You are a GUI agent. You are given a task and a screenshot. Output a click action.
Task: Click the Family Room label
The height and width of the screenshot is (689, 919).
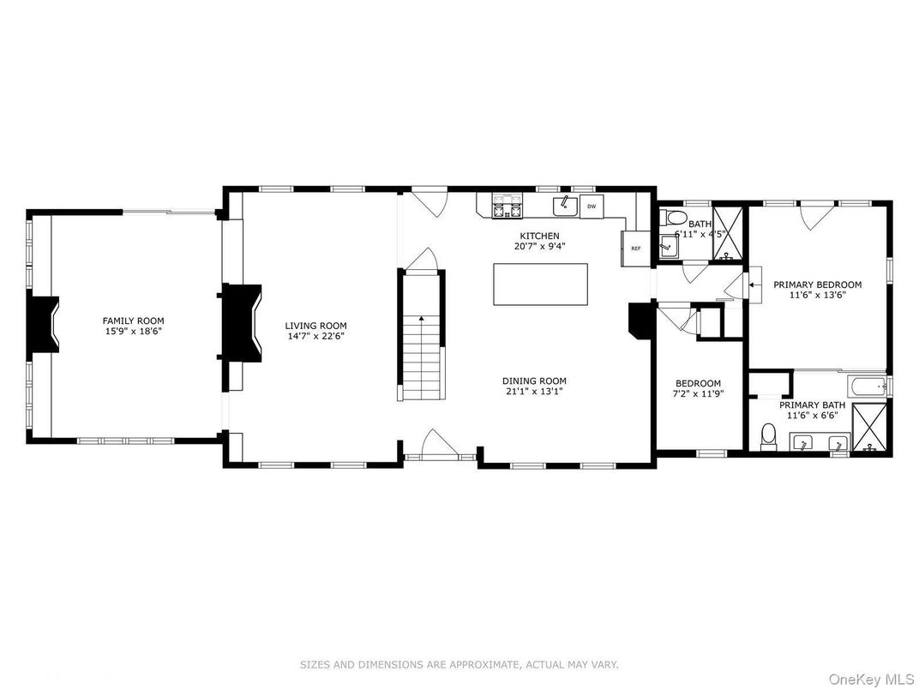(x=133, y=321)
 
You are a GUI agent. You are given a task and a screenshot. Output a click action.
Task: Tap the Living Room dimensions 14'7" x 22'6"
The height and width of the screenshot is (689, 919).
(x=315, y=336)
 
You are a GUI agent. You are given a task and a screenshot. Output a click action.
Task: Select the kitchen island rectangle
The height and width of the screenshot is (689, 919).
(x=540, y=285)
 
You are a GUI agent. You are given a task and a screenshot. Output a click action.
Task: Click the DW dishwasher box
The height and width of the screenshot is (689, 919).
(x=592, y=207)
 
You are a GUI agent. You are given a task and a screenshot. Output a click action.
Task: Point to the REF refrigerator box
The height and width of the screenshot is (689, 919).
(x=636, y=249)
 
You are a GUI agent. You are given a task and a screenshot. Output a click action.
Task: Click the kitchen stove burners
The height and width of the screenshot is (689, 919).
(x=507, y=207)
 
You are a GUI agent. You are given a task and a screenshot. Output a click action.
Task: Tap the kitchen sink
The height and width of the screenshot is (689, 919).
(x=565, y=206)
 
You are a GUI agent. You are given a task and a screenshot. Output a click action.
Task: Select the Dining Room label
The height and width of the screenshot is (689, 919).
(x=534, y=380)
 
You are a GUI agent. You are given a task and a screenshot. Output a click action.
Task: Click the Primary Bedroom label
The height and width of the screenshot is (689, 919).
(x=818, y=285)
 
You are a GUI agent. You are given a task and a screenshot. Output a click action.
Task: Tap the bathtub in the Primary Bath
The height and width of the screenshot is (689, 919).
(x=868, y=386)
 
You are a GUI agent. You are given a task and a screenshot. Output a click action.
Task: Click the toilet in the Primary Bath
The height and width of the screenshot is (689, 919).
(x=768, y=436)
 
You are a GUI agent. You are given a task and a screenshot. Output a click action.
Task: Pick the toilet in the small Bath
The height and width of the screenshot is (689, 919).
(x=673, y=218)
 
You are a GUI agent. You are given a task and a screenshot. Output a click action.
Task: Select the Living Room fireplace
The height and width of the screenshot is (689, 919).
(x=242, y=323)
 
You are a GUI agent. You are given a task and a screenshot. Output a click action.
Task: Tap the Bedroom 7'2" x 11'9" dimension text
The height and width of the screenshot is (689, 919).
(x=698, y=393)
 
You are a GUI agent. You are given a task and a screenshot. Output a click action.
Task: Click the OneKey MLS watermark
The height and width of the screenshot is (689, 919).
(x=871, y=679)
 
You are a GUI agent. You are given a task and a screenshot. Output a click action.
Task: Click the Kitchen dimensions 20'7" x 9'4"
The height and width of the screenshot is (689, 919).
(x=540, y=246)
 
